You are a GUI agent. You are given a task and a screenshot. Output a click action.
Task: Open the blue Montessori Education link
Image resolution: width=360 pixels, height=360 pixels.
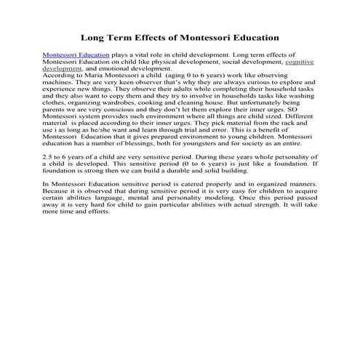(76, 55)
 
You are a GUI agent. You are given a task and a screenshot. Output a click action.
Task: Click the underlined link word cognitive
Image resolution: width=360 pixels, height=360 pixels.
(299, 62)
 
